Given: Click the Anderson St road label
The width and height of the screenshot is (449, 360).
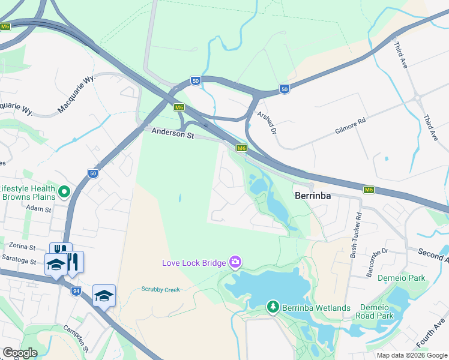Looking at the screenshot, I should (x=173, y=134).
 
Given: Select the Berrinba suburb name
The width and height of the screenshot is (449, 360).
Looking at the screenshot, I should (x=313, y=195).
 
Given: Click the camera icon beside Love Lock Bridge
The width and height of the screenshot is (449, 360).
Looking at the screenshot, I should (x=235, y=262).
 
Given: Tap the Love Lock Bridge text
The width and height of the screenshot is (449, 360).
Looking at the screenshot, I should (x=194, y=262).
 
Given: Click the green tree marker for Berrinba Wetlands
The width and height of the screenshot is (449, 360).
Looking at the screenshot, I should (x=273, y=307).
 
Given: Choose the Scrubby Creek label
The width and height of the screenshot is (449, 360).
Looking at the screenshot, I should (x=160, y=290).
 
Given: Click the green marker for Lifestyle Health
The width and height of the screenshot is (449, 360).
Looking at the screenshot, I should (x=65, y=192).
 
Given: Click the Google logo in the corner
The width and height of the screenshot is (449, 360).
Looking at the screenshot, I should (x=20, y=353).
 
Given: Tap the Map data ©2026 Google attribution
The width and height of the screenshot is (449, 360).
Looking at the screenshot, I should (x=411, y=355).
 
